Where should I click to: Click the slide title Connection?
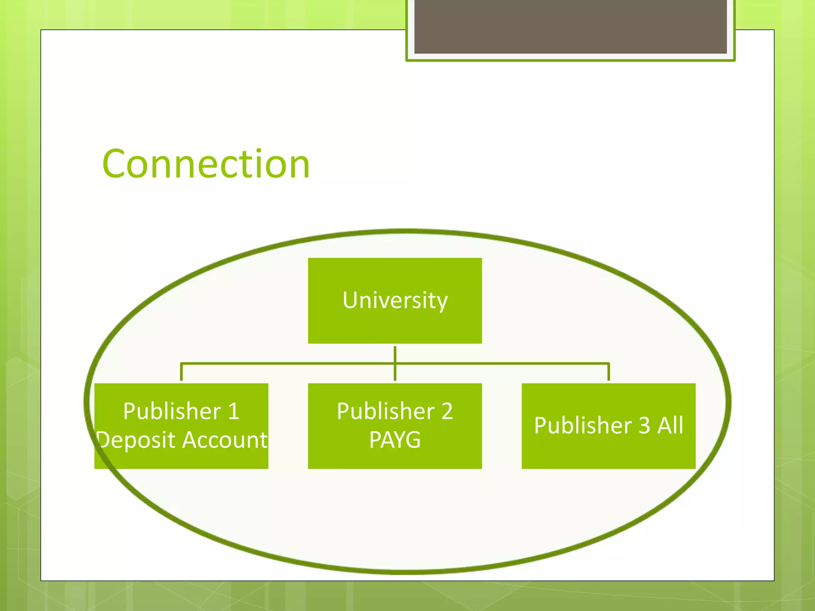(206, 164)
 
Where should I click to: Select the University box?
(395, 326)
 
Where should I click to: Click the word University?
(395, 300)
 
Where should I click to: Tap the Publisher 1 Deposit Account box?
(181, 457)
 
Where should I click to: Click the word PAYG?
(395, 440)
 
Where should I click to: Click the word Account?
(225, 440)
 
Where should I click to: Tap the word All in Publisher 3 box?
(670, 425)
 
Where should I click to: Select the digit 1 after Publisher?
(234, 411)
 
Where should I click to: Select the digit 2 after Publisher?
(447, 411)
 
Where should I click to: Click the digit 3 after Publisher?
(644, 425)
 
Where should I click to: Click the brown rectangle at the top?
(570, 26)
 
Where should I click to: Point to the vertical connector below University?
(395, 354)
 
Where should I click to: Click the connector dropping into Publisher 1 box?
(181, 372)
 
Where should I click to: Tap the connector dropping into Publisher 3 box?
(608, 372)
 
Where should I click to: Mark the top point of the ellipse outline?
(407, 231)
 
